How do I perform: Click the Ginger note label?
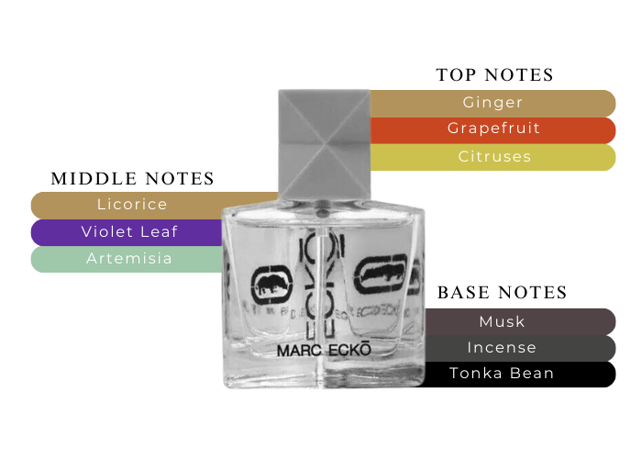coord(493,103)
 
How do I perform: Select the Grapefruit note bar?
coord(493,129)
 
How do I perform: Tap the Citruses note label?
coord(494,156)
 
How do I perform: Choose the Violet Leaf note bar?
coord(128,231)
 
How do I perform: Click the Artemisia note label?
coord(129,258)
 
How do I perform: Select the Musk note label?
coord(502,321)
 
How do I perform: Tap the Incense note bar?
coord(502,348)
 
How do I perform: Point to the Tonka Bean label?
coord(502,374)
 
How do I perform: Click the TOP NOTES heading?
coord(495,75)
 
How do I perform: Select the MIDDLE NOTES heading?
coord(132,178)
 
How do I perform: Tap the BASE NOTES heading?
coord(502,294)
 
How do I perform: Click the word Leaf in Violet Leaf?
coord(159,231)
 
